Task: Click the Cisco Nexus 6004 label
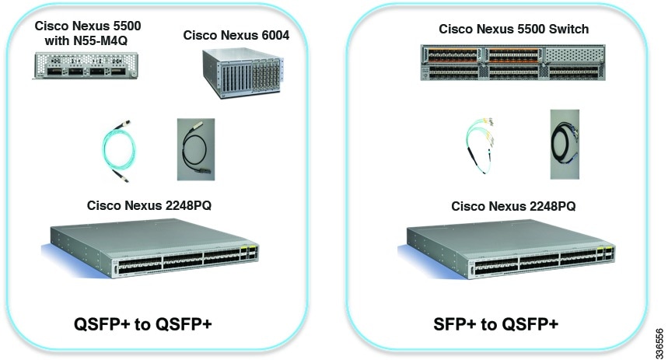tap(236, 35)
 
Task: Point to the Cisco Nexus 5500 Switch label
tap(513, 29)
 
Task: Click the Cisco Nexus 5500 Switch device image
tap(514, 63)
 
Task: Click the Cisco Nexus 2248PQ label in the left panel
tap(149, 206)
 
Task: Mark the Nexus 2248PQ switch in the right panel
tap(510, 252)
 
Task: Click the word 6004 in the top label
tap(272, 35)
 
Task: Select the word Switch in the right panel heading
tap(568, 29)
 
